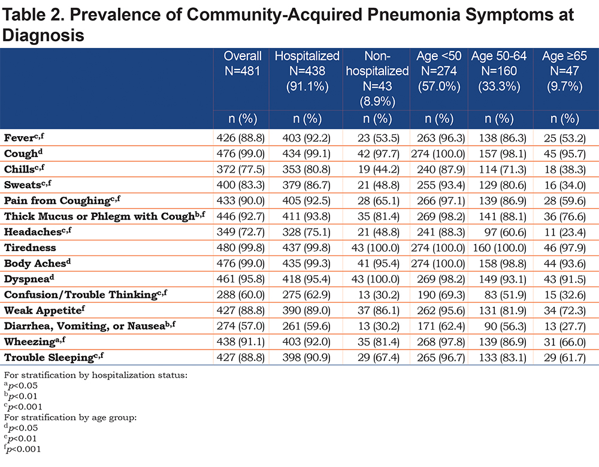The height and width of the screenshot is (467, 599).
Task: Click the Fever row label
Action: pyautogui.click(x=24, y=138)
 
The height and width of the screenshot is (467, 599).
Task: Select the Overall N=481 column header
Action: pyautogui.click(x=242, y=64)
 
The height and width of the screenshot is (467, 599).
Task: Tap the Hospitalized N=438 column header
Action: pyautogui.click(x=307, y=71)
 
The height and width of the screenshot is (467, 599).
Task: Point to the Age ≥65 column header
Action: pyautogui.click(x=564, y=71)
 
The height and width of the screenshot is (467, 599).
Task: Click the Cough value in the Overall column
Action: pyautogui.click(x=240, y=153)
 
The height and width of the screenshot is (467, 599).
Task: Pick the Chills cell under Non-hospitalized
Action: pyautogui.click(x=379, y=170)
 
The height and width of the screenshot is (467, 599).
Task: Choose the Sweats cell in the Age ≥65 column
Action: pyautogui.click(x=565, y=185)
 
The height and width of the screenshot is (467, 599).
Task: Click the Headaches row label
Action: pyautogui.click(x=38, y=232)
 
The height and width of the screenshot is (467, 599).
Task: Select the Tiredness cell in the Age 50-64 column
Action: pyautogui.click(x=500, y=248)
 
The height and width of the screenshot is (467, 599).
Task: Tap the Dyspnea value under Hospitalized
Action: pyautogui.click(x=306, y=279)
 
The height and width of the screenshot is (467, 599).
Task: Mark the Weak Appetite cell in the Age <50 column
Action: pyautogui.click(x=441, y=311)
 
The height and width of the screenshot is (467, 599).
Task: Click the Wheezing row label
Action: pyautogui.click(x=35, y=341)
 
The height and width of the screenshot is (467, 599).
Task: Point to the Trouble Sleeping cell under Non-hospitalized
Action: pyautogui.click(x=379, y=358)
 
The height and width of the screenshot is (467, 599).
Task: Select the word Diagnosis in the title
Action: pyautogui.click(x=43, y=35)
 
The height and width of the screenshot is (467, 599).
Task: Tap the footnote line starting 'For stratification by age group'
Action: pyautogui.click(x=70, y=417)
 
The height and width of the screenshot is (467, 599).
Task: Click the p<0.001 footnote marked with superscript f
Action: pyautogui.click(x=23, y=449)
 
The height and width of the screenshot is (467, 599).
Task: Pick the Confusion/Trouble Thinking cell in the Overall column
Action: pyautogui.click(x=240, y=295)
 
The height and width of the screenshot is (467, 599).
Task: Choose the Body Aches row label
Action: pyautogui.click(x=37, y=263)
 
